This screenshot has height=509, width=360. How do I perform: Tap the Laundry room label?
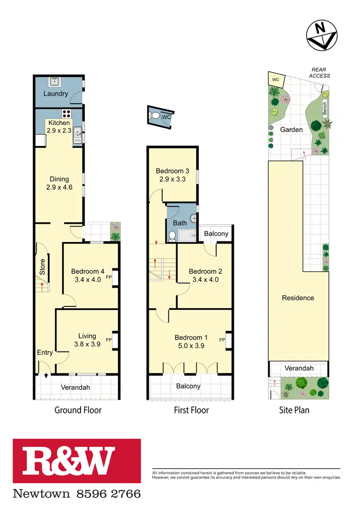point(56,94)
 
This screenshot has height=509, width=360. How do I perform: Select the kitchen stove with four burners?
point(65,114)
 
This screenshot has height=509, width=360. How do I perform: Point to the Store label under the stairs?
point(42,267)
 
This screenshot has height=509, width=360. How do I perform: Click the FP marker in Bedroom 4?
point(109,278)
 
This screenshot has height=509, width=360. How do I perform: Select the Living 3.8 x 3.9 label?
point(87,340)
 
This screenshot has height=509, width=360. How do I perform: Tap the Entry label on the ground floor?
point(45,353)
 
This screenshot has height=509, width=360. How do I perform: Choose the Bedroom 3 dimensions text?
point(171,179)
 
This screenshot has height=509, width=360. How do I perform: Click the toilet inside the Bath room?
point(173,236)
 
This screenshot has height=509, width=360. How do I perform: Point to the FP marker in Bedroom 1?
point(222,340)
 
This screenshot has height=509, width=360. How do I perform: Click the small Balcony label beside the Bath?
point(216,234)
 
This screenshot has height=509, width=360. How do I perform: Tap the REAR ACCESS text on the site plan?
point(319,73)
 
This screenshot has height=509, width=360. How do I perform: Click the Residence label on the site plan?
point(298,298)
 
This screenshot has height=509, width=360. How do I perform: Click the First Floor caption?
point(191,410)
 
